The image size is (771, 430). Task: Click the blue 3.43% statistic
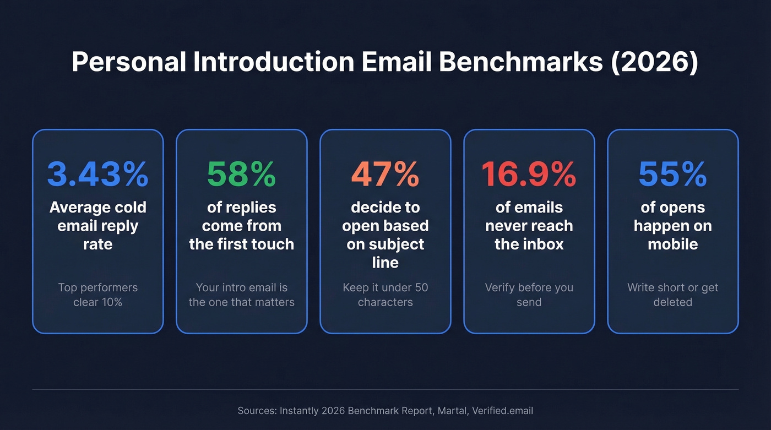click(x=97, y=174)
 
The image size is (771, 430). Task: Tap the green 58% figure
click(x=241, y=174)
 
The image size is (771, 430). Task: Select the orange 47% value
click(x=385, y=174)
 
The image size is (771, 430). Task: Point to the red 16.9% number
click(x=529, y=174)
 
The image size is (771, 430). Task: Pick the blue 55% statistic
click(x=672, y=174)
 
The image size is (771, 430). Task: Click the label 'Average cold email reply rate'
click(x=97, y=226)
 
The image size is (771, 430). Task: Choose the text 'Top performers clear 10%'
click(x=97, y=295)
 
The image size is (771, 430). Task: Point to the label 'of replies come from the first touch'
click(x=241, y=226)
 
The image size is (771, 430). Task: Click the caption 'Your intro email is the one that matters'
click(x=241, y=295)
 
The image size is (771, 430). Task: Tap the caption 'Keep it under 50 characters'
click(x=385, y=295)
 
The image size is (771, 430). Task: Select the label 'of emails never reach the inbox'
click(x=529, y=226)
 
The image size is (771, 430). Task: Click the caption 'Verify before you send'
click(x=529, y=295)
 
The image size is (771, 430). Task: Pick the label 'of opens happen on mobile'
click(x=672, y=226)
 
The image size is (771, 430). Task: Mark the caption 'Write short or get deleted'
click(x=672, y=295)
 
